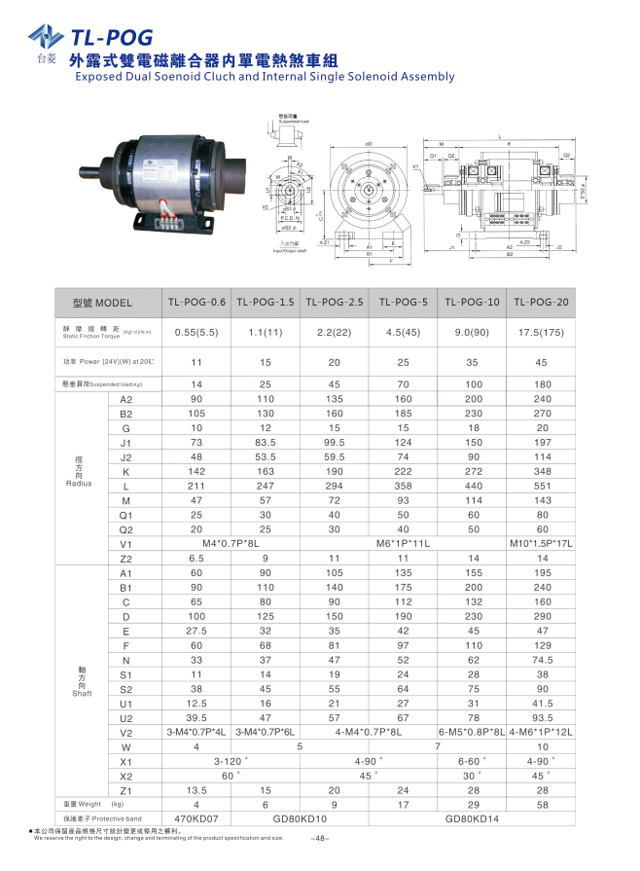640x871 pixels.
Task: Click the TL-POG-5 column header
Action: coord(404,302)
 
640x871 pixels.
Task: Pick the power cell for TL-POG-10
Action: coord(473,362)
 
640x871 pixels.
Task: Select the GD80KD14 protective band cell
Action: coord(473,819)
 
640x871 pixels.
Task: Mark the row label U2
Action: coord(125,717)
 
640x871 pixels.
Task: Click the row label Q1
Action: coord(125,513)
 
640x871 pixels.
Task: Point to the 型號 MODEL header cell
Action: coord(101,303)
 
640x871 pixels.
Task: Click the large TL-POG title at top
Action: coord(111,37)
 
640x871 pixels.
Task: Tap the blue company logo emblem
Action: coord(44,37)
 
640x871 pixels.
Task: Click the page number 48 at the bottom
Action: coord(323,839)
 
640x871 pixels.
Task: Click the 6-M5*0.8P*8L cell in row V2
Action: coord(473,732)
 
